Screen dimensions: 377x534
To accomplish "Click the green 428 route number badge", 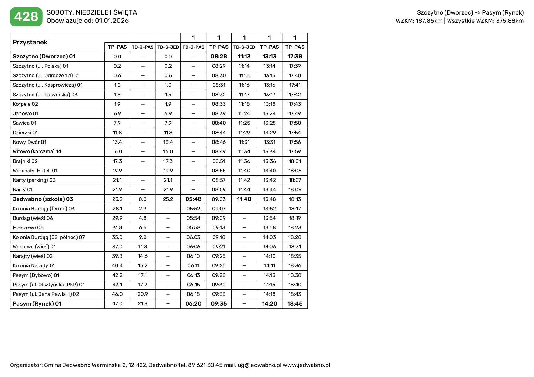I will click(26, 17).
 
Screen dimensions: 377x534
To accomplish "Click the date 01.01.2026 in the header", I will click(112, 21).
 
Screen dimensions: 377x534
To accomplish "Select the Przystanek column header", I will click(30, 42).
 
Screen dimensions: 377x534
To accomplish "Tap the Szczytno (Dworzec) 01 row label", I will click(44, 57).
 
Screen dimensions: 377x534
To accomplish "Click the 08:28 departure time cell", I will click(219, 57).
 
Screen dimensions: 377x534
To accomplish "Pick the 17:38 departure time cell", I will click(295, 57).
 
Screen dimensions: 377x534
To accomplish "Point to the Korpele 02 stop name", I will click(26, 104).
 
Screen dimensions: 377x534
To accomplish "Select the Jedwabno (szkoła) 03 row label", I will click(43, 199).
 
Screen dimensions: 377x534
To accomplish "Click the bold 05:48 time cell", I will click(194, 199).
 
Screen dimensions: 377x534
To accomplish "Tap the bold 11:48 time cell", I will click(244, 199).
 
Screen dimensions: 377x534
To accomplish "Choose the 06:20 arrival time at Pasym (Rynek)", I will click(194, 303).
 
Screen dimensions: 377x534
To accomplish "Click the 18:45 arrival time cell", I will click(295, 303).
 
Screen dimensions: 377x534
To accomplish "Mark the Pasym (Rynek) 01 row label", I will click(37, 303).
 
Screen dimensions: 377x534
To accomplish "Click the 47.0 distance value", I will click(117, 303).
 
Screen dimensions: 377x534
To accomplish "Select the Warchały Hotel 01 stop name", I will click(35, 171).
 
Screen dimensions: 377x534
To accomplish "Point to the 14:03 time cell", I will click(270, 237).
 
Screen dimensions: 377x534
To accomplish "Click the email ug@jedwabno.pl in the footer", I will click(259, 365).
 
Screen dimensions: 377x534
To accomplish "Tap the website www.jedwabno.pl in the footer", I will click(306, 365).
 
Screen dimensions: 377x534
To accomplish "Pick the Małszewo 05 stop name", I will click(28, 227).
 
